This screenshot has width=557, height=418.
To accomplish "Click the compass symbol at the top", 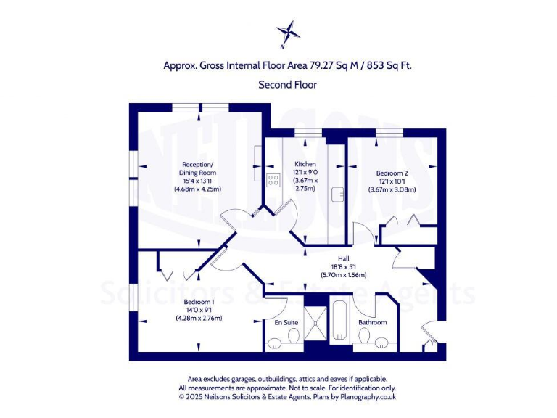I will coord(288,32).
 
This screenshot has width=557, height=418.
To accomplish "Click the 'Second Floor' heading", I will coord(287,84).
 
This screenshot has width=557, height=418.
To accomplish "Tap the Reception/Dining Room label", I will coord(198,168).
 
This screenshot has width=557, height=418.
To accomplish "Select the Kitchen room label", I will coord(305,164).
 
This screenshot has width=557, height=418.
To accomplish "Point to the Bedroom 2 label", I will coord(392,173).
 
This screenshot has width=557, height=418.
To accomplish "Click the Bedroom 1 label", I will coord(199,302).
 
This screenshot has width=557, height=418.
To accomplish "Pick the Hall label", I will coord(344,258).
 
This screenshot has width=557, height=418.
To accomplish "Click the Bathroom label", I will coord(372,322).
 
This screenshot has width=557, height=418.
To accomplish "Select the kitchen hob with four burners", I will coord(274,180).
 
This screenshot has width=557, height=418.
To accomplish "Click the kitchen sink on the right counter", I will coord(338,194).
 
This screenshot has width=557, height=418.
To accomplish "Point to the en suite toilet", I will coord(293,337).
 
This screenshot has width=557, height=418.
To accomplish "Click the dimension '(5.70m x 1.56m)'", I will coord(344,275).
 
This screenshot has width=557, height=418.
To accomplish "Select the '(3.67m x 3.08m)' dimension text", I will coord(392,189).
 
